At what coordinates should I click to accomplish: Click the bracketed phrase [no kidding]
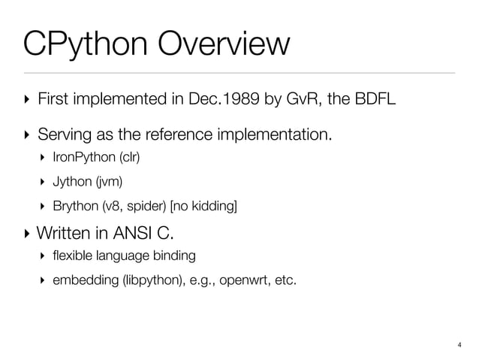(204, 205)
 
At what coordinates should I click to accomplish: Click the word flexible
(72, 256)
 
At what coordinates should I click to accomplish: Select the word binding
(175, 256)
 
